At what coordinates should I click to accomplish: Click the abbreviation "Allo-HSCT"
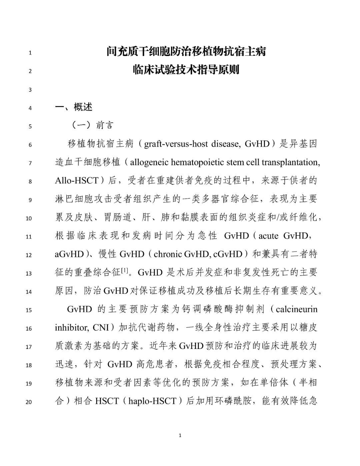(76, 181)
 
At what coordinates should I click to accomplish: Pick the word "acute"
(268, 236)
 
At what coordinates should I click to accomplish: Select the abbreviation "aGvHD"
(69, 254)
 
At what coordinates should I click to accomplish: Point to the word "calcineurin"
(297, 309)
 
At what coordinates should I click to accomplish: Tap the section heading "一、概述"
(74, 107)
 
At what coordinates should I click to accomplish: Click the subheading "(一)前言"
(92, 125)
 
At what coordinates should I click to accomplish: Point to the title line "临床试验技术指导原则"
(186, 70)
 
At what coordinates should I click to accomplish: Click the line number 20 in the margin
(29, 402)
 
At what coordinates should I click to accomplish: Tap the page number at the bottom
(180, 435)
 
